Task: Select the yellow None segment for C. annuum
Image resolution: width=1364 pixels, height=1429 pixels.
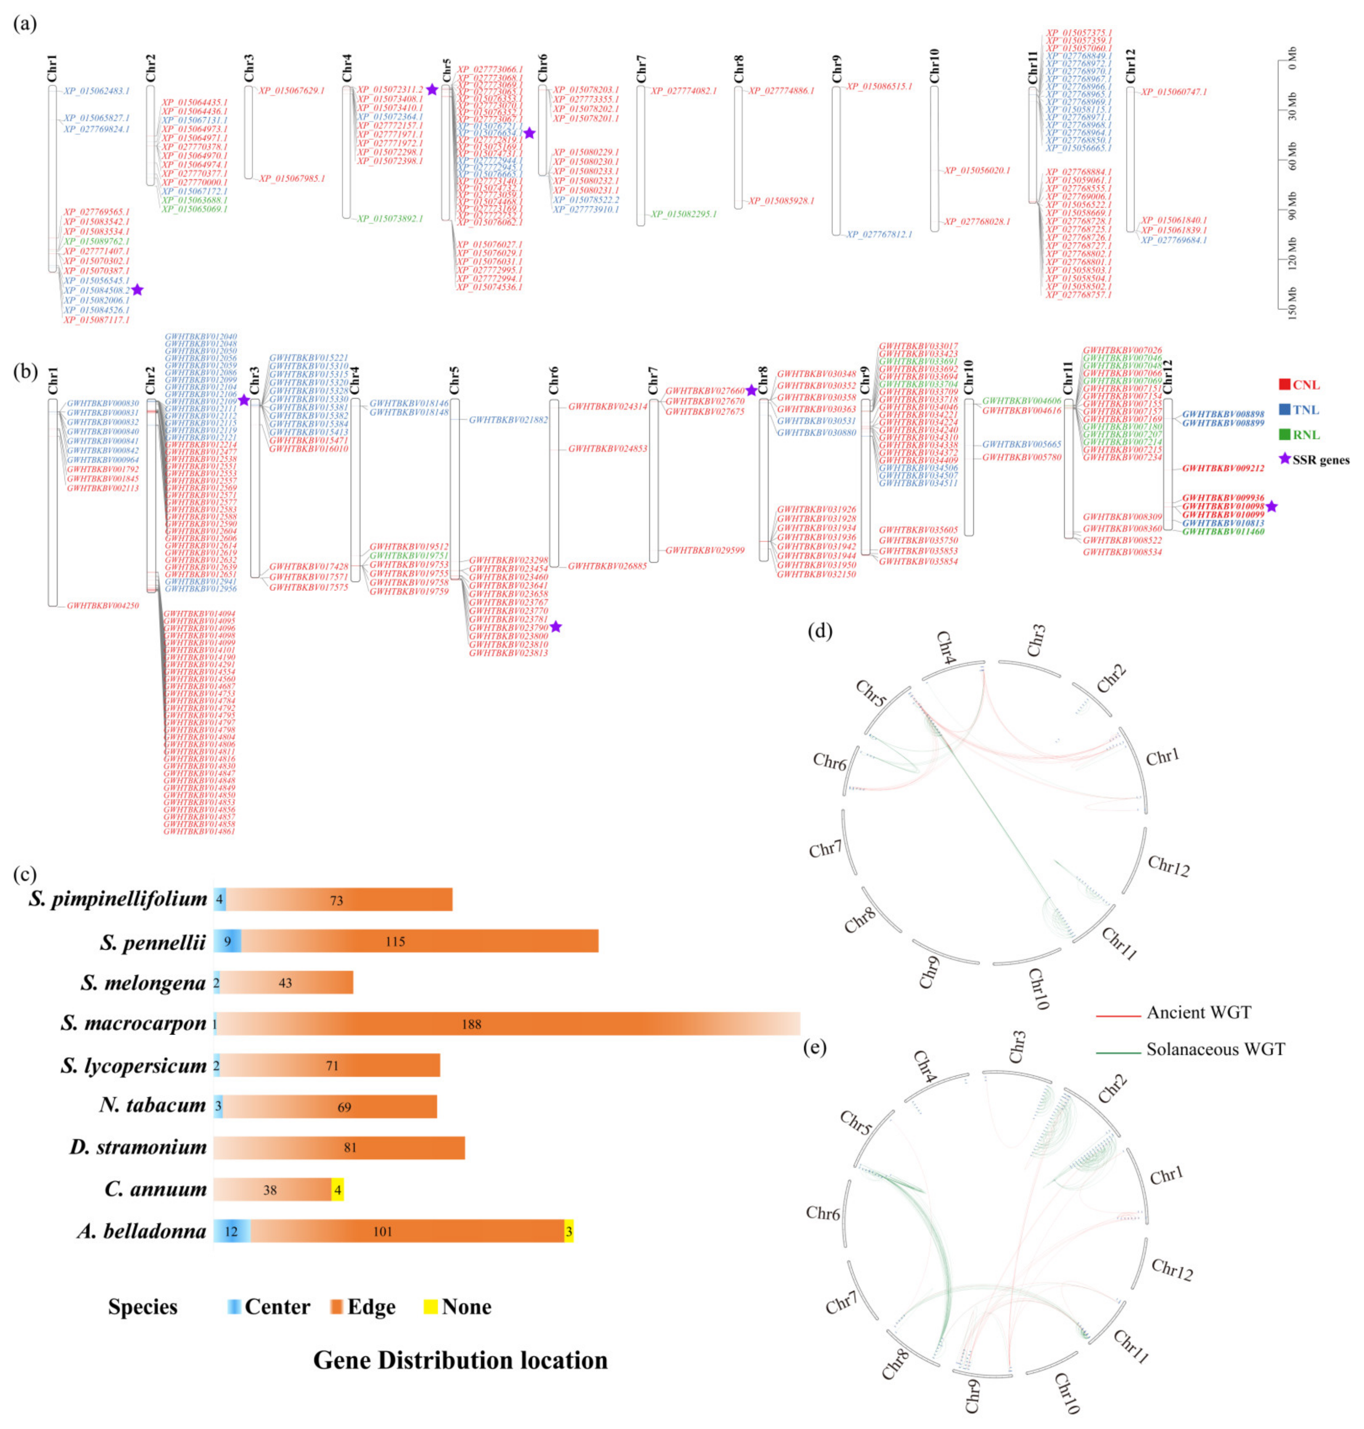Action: (337, 1190)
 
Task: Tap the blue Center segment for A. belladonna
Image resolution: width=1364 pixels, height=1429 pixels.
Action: (232, 1231)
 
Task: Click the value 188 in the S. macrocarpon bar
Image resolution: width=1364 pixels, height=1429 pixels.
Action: (471, 1024)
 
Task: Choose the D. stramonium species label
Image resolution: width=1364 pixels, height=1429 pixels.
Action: (138, 1148)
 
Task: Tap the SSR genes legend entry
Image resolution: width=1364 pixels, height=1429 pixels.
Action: (1320, 460)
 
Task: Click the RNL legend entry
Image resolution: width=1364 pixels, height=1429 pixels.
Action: (1306, 435)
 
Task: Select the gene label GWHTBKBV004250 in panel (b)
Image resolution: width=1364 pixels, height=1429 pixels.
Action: (103, 605)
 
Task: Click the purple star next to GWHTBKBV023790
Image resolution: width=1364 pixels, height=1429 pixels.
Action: (556, 626)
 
